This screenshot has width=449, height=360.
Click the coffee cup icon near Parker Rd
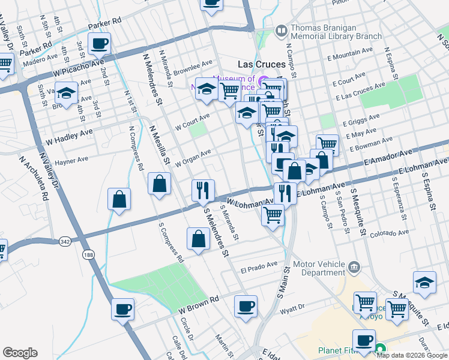point(100,43)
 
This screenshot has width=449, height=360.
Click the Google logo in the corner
point(20,353)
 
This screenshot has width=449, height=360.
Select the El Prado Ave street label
point(259,263)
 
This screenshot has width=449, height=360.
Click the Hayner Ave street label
point(71,161)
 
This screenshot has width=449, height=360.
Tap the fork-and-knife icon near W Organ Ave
point(203,190)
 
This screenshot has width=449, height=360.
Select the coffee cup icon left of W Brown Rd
point(123,310)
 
